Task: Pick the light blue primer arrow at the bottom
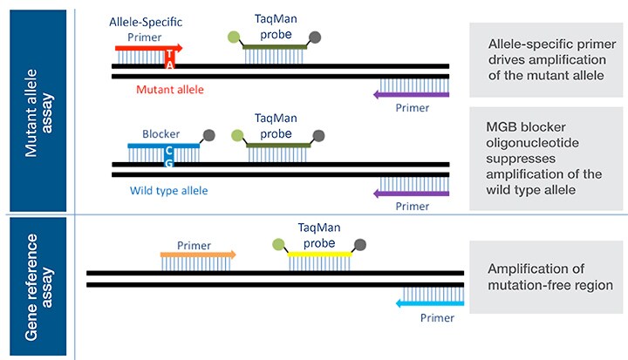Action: tap(427, 302)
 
